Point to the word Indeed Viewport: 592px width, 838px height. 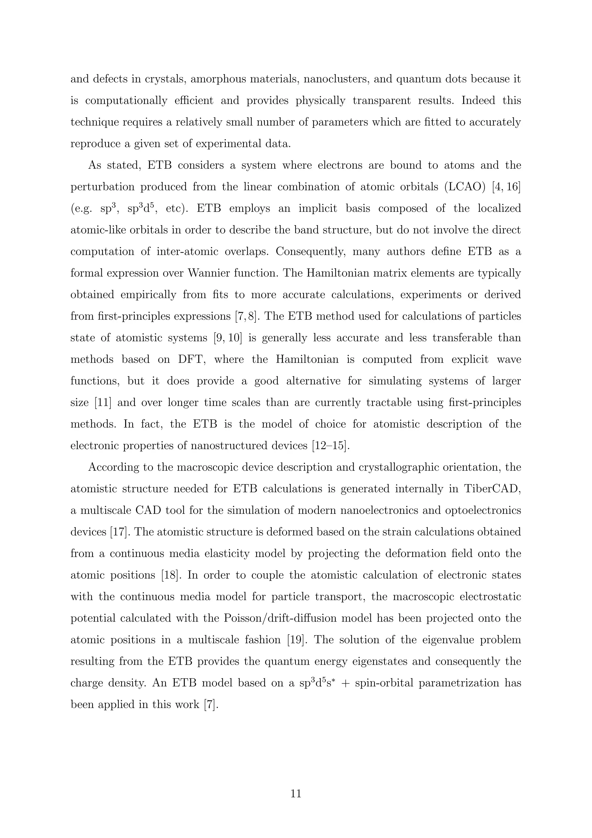(478, 101)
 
